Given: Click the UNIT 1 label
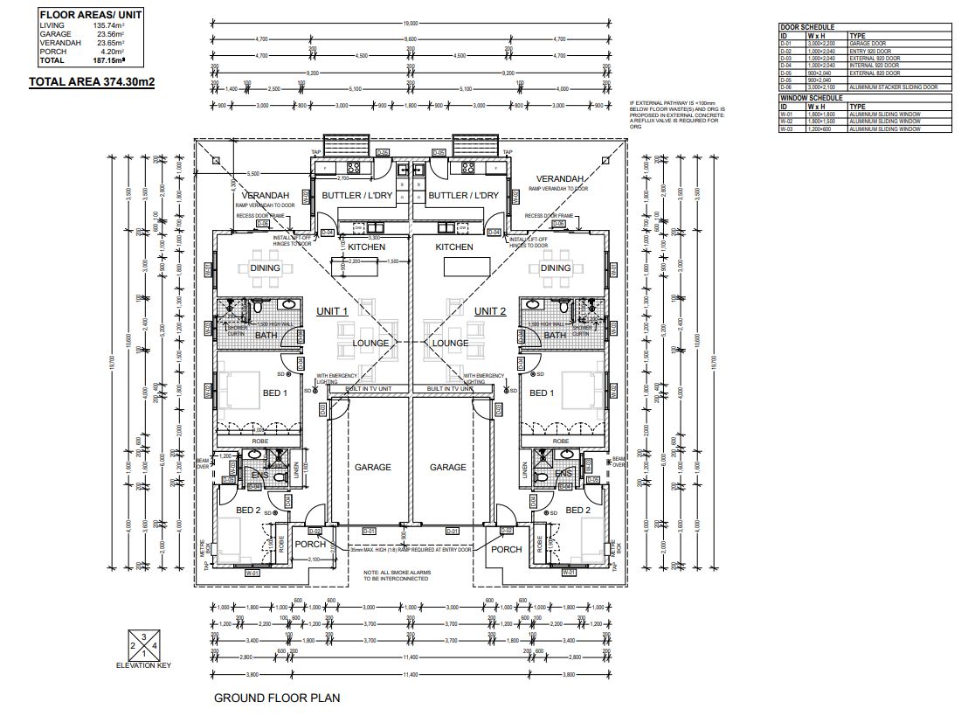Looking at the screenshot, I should pyautogui.click(x=332, y=311).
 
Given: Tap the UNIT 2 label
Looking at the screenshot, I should pyautogui.click(x=490, y=311).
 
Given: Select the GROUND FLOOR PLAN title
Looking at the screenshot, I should pyautogui.click(x=277, y=698).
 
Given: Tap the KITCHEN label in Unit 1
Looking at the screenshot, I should pyautogui.click(x=367, y=247).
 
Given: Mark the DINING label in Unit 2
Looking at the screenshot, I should pyautogui.click(x=556, y=268).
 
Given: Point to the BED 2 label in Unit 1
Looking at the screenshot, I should pyautogui.click(x=248, y=510).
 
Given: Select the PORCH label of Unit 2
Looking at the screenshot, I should pyautogui.click(x=506, y=549).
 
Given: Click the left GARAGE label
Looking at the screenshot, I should pyautogui.click(x=372, y=468).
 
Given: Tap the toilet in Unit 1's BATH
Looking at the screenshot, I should pyautogui.click(x=259, y=309).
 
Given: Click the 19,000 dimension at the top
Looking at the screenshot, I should pyautogui.click(x=411, y=24).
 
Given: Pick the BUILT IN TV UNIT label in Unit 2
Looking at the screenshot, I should pyautogui.click(x=450, y=387).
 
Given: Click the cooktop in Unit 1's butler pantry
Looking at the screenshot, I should pyautogui.click(x=356, y=168).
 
